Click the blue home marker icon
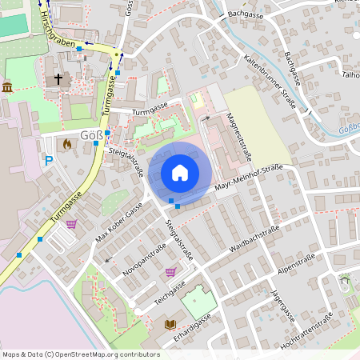click(x=180, y=173)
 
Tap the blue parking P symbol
click(x=49, y=161)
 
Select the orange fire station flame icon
click(x=67, y=145)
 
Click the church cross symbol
click(x=58, y=79)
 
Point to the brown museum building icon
click(x=7, y=86)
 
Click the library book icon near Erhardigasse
click(x=169, y=324)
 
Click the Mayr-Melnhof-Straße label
click(x=250, y=178)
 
